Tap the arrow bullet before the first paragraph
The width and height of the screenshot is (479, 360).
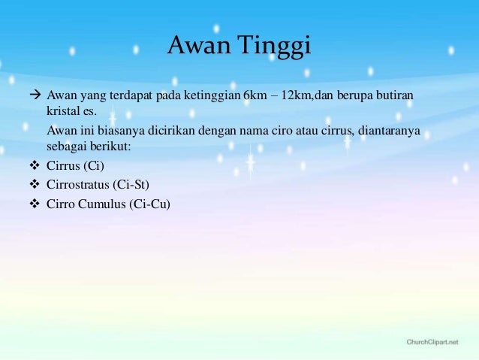click(x=33, y=97)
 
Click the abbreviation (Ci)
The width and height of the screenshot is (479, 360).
click(x=96, y=166)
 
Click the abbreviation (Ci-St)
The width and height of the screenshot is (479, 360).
click(x=132, y=184)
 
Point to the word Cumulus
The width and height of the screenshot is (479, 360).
click(x=103, y=202)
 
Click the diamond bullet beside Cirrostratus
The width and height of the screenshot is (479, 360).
click(x=33, y=184)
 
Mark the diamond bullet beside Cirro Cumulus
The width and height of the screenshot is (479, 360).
click(x=33, y=202)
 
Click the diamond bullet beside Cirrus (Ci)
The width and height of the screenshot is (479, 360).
click(x=33, y=166)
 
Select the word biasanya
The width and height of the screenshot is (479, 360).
click(x=116, y=132)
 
